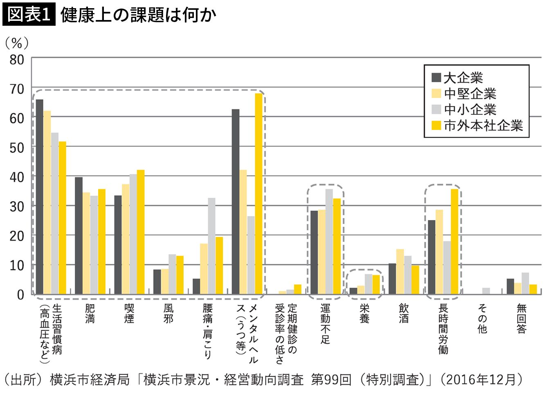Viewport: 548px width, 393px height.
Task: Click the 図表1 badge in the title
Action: tap(29, 14)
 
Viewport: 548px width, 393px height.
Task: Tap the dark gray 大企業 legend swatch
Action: tap(436, 78)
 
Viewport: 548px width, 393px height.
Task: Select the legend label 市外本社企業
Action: tap(483, 125)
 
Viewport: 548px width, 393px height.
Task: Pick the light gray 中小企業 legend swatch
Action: tap(436, 109)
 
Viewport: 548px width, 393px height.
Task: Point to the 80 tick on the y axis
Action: tap(17, 60)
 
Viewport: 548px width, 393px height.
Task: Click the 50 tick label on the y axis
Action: tap(17, 148)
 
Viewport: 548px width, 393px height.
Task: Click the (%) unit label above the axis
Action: tap(17, 43)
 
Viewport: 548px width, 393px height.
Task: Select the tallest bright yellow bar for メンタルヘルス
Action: tap(258, 194)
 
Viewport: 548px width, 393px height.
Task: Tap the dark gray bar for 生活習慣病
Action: tap(39, 197)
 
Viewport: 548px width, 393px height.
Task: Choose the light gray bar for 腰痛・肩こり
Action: tap(211, 246)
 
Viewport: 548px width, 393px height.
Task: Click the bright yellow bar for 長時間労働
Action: tap(454, 241)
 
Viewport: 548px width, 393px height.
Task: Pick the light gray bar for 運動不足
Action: tap(329, 241)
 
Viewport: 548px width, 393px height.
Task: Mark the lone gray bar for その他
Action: tap(486, 291)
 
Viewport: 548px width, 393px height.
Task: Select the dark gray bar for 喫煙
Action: tap(118, 245)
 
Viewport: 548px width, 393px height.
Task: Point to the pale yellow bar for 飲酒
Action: tap(400, 272)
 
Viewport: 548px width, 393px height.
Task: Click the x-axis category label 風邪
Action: tap(168, 314)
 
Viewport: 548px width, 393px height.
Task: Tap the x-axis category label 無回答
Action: tap(521, 319)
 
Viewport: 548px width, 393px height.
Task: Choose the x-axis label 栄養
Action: tap(364, 314)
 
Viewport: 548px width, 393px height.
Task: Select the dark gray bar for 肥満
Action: tap(79, 236)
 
